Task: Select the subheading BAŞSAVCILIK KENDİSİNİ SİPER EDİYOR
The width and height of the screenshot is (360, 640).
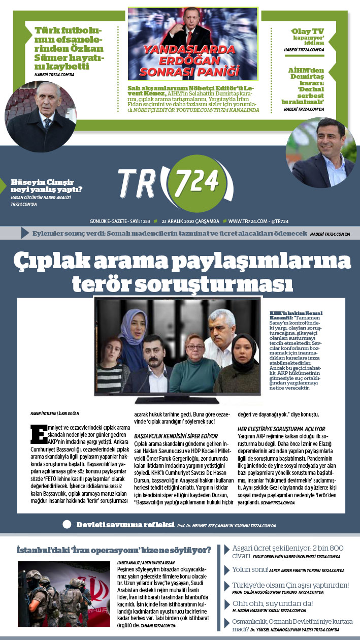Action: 176,436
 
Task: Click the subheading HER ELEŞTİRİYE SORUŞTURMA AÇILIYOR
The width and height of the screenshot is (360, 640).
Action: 281,429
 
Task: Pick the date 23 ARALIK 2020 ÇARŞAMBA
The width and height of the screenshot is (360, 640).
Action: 190,221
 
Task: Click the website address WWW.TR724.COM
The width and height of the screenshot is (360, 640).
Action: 248,221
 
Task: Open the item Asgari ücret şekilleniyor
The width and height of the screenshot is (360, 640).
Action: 287,552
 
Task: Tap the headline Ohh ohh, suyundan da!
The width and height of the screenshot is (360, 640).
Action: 272,603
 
